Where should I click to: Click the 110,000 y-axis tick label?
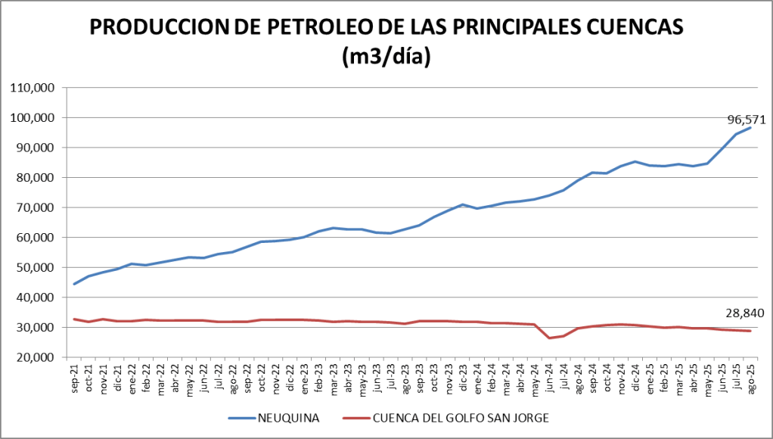[31, 88]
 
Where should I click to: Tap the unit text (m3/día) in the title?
[386, 58]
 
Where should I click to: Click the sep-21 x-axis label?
[75, 376]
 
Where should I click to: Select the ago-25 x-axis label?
[750, 376]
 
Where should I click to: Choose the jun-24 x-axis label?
[550, 376]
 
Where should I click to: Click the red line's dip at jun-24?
[550, 338]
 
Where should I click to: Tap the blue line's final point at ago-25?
[750, 128]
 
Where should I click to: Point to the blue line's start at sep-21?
[74, 284]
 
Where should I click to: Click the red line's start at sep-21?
[74, 319]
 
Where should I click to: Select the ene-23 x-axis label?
[305, 376]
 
